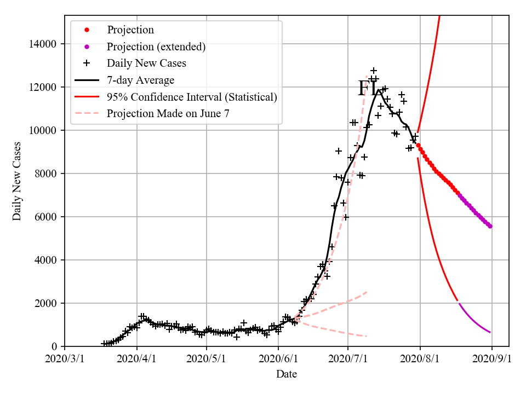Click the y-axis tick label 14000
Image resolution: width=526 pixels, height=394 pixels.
tap(44, 44)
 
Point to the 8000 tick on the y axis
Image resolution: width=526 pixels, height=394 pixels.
tap(47, 173)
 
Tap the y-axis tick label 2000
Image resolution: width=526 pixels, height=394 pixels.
tap(47, 303)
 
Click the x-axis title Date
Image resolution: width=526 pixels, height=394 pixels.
tap(287, 374)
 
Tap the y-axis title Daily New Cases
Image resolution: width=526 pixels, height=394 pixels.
tap(17, 181)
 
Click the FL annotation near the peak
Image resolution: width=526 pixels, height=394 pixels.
tap(367, 89)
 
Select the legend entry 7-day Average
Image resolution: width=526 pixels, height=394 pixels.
tap(140, 80)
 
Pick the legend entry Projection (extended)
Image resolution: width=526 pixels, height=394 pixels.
tap(156, 47)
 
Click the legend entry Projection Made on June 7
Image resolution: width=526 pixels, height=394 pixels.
tap(168, 114)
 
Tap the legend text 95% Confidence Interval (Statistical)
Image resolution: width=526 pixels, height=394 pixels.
tap(192, 97)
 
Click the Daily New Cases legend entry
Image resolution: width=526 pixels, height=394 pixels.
tap(146, 63)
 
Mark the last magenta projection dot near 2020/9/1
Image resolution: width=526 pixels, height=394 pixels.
tap(490, 226)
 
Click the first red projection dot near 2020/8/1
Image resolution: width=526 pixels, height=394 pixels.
tap(418, 145)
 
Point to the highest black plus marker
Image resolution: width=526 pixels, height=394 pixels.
tap(374, 71)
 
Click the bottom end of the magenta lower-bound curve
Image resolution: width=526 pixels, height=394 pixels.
tap(490, 332)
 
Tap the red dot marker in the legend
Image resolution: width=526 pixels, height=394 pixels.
tap(86, 30)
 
